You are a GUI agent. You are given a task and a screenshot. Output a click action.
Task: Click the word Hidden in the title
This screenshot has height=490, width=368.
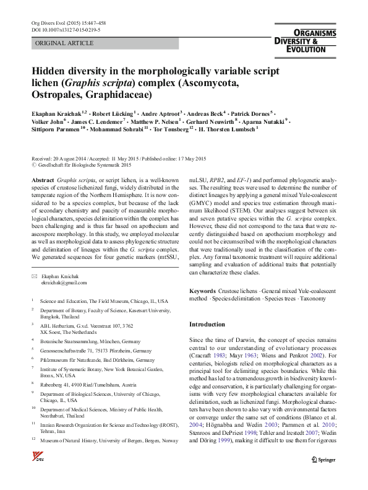pos(49,72)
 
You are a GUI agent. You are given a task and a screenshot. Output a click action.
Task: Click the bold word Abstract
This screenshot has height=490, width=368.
pos(42,178)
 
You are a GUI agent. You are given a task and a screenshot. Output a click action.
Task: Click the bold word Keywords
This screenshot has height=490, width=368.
pos(202,291)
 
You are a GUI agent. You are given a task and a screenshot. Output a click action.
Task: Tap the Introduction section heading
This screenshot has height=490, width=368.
pos(207,324)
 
